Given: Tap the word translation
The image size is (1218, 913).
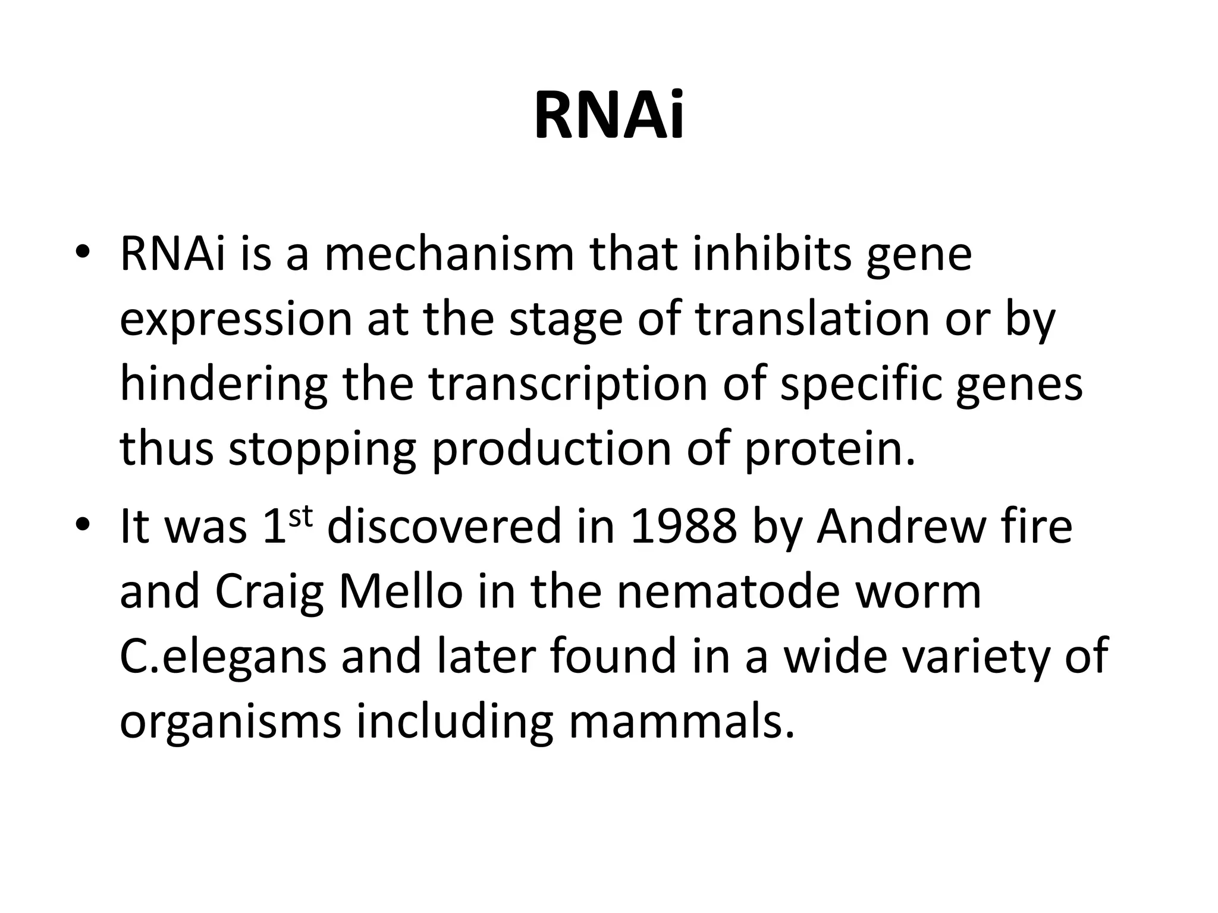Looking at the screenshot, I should tap(812, 319).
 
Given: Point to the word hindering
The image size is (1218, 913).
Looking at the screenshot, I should tap(224, 385).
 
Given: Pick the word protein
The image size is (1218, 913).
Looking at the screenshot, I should tap(830, 449).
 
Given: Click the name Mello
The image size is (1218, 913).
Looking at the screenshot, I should tap(400, 592).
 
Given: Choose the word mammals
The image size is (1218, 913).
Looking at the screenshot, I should tap(682, 722).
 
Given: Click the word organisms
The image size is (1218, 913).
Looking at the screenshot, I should tap(231, 722).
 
